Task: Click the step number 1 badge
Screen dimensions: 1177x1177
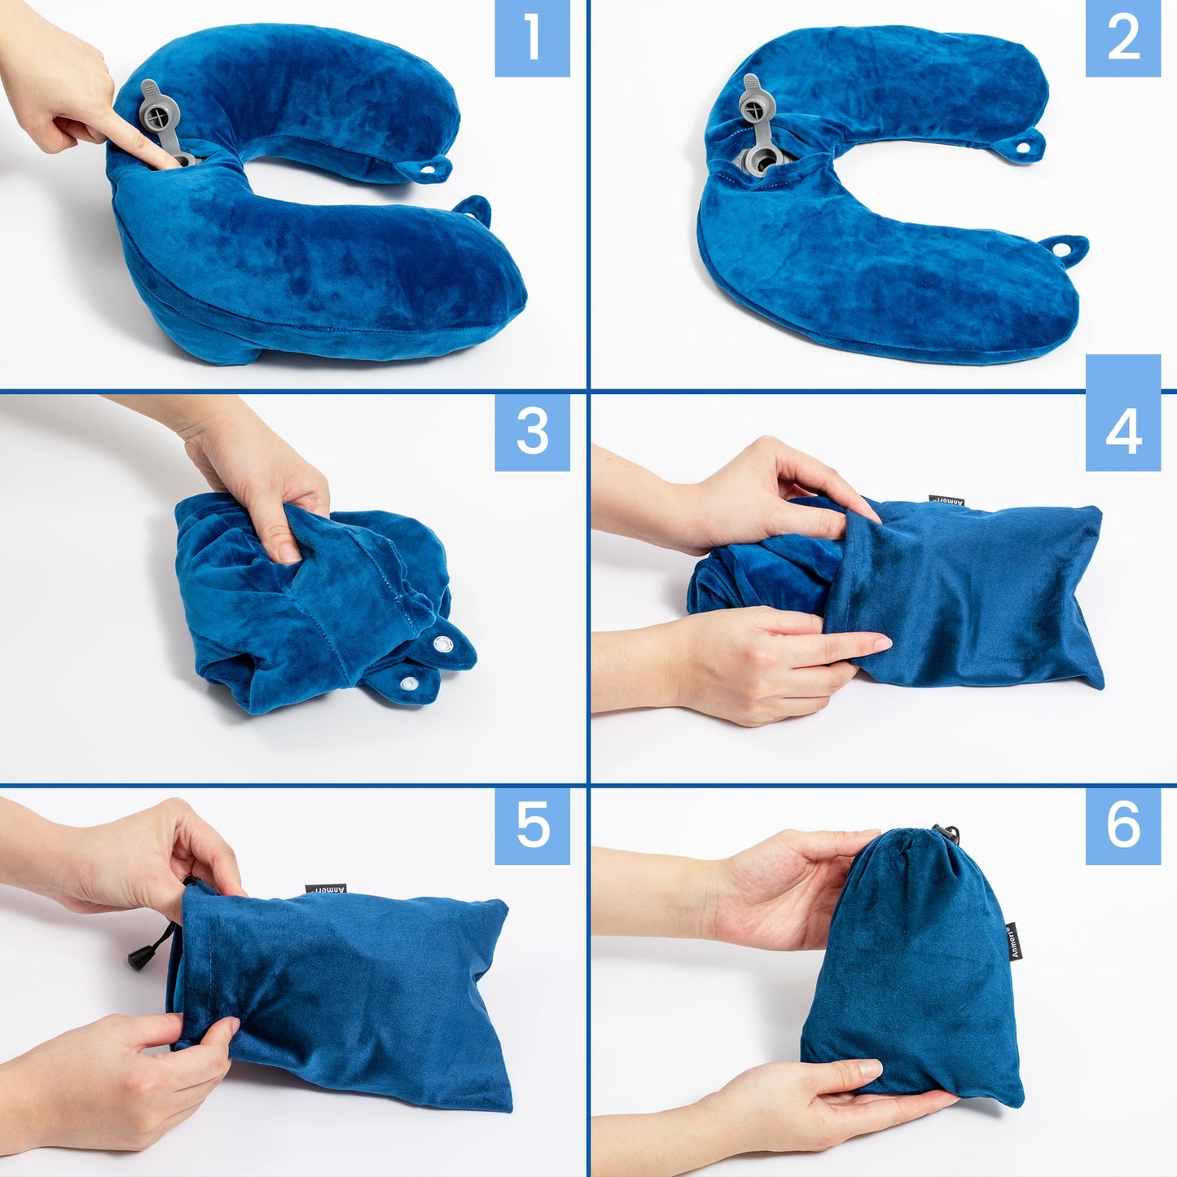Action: pyautogui.click(x=532, y=38)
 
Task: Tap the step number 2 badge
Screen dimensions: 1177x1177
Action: pyautogui.click(x=1122, y=38)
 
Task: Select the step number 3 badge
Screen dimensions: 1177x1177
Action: pyautogui.click(x=532, y=433)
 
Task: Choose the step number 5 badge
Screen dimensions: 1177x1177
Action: pyautogui.click(x=532, y=825)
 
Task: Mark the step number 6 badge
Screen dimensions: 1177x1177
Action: pyautogui.click(x=1122, y=825)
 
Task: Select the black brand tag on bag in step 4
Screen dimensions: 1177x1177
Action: pyautogui.click(x=946, y=500)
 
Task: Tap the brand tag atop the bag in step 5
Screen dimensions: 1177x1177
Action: pyautogui.click(x=326, y=889)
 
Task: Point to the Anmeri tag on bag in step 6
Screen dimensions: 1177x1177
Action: pyautogui.click(x=1012, y=942)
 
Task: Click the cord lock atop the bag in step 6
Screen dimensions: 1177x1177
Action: pyautogui.click(x=948, y=834)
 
